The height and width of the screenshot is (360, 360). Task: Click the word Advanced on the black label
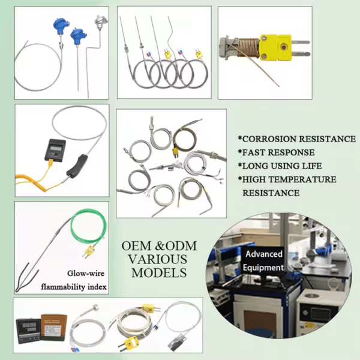tap(264, 254)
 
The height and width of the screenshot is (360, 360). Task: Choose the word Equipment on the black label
tap(263, 268)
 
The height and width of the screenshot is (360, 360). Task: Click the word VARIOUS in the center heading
tap(157, 259)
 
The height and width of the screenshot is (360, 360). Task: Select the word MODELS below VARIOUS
tap(159, 273)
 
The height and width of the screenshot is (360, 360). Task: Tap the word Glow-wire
tap(86, 273)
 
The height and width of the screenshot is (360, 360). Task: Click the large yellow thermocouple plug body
tap(275, 47)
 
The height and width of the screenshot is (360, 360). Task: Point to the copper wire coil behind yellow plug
tap(248, 48)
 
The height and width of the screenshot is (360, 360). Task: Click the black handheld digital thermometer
tap(55, 151)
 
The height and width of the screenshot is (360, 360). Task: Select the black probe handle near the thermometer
tap(77, 166)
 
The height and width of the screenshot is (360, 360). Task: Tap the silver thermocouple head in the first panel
tap(101, 22)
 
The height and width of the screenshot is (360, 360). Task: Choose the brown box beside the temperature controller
tap(54, 327)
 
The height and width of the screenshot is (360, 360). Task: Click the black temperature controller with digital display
tap(28, 331)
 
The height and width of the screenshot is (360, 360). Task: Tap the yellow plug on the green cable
tap(88, 251)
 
